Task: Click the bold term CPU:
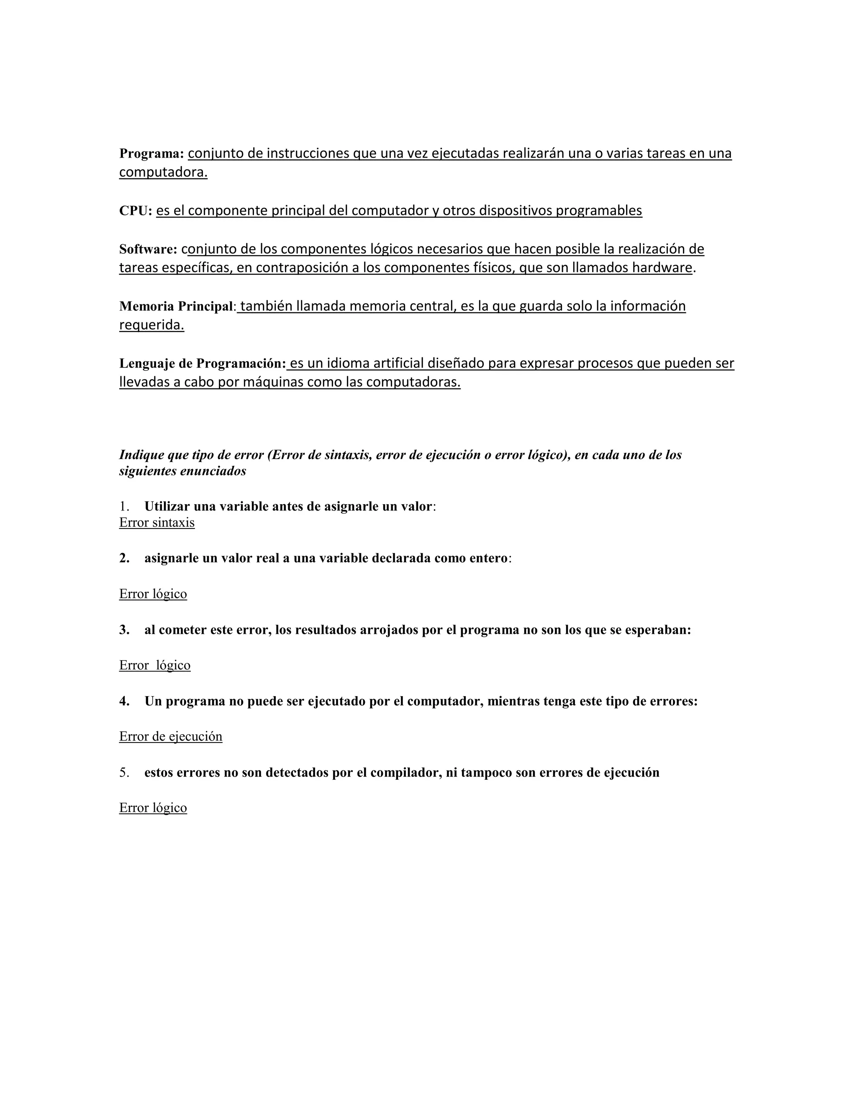pos(136,211)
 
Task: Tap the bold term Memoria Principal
pos(176,306)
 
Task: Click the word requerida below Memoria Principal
pos(151,325)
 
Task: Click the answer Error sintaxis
pos(157,523)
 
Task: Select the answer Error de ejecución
pos(171,736)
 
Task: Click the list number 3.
pos(124,630)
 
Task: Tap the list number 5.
pos(124,773)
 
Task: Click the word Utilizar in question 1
pos(167,506)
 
